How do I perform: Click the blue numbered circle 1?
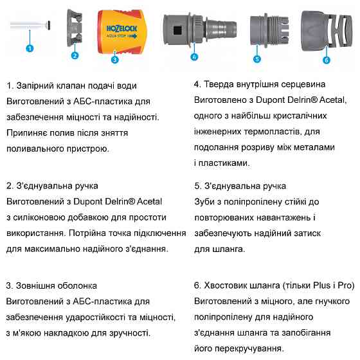[30, 48]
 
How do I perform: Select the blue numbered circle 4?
[194, 57]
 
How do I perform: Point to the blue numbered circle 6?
[327, 60]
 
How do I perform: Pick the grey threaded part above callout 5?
[264, 31]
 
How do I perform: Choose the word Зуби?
[204, 201]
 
